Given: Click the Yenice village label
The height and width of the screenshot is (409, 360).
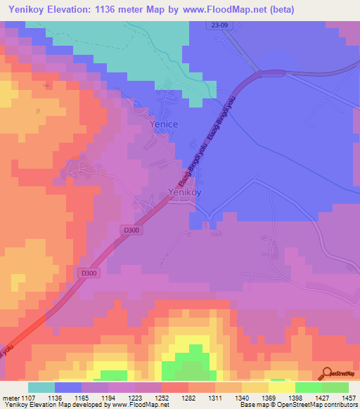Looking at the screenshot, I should pyautogui.click(x=164, y=124).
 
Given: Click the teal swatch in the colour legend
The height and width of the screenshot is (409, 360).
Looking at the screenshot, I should pyautogui.click(x=41, y=387).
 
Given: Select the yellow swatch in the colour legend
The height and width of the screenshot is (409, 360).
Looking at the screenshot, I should pyautogui.click(x=282, y=387).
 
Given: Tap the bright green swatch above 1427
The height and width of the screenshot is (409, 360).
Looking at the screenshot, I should pyautogui.click(x=309, y=387).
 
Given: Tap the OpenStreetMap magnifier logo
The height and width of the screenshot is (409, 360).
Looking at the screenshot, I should pyautogui.click(x=325, y=372).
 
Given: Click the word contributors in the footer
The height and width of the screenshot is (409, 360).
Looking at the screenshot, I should pyautogui.click(x=339, y=405).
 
